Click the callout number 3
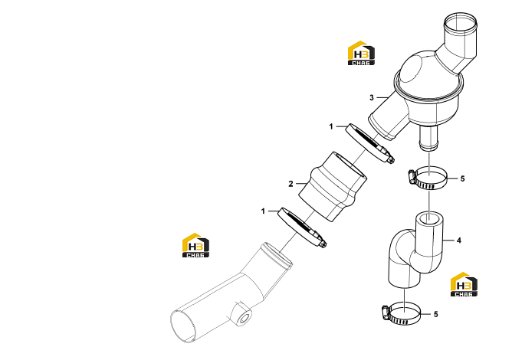372,97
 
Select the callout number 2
290,184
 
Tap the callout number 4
459,241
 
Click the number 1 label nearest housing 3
331,126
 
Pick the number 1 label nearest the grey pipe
263,211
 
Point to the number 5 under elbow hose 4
436,314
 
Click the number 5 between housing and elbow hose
462,178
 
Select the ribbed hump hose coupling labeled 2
333,186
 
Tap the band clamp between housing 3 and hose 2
369,142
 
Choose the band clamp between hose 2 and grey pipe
302,227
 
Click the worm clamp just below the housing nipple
427,178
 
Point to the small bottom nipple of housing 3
428,138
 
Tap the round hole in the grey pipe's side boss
245,317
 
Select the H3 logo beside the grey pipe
195,245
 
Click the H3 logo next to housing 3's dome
361,53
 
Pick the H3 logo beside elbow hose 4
464,284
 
